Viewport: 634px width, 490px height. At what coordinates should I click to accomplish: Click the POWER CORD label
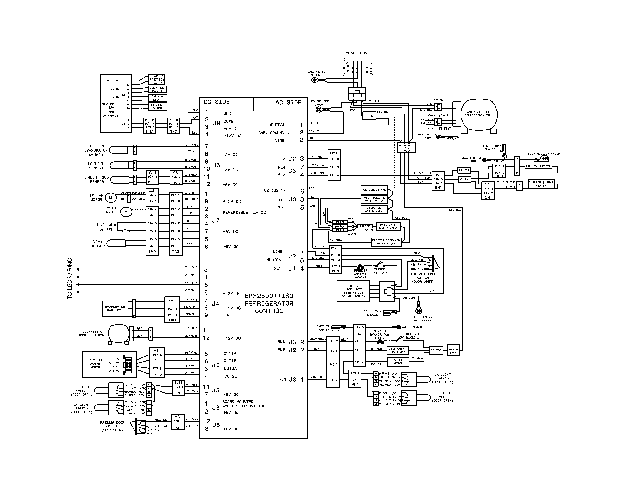pos(357,53)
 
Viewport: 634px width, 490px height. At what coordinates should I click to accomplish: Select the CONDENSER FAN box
pos(374,190)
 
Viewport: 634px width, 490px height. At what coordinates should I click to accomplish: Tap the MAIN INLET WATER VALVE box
pos(388,226)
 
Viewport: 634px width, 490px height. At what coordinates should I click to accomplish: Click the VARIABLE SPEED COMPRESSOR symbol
pos(479,114)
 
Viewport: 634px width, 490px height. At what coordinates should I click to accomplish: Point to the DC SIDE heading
pos(217,102)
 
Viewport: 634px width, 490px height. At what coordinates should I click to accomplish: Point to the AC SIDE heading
pos(288,102)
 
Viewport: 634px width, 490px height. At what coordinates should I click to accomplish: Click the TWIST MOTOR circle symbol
pos(126,212)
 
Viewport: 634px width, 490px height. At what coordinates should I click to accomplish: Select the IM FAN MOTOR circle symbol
pos(110,198)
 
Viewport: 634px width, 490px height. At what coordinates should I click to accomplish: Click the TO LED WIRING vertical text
pos(70,278)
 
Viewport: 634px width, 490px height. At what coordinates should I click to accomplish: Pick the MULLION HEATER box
pos(538,166)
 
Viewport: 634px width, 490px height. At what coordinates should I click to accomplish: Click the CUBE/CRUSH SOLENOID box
pos(398,351)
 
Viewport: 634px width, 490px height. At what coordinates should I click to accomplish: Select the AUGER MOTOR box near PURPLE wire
pos(398,362)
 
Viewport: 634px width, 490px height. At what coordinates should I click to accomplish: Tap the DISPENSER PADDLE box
pos(157,89)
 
